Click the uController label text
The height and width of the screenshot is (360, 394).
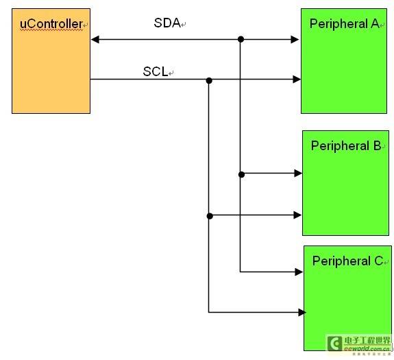[51, 24]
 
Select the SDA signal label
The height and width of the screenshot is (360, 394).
[167, 23]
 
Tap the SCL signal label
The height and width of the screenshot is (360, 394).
[156, 71]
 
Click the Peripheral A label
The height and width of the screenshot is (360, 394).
[344, 24]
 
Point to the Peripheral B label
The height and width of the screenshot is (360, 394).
[346, 146]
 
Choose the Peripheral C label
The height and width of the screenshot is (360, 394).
[347, 261]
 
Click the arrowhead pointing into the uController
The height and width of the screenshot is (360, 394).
[95, 40]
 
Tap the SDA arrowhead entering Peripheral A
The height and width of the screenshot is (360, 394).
[295, 40]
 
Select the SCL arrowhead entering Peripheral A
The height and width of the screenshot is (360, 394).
[297, 80]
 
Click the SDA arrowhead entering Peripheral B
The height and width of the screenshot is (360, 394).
[298, 173]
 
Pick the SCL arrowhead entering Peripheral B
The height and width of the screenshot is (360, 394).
[297, 215]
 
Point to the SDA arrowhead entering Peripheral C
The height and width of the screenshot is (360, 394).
[299, 272]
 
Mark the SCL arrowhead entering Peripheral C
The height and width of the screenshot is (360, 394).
[302, 313]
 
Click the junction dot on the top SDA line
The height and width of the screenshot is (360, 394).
[241, 39]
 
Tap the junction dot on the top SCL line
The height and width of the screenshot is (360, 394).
[209, 81]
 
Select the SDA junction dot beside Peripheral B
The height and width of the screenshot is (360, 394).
[241, 174]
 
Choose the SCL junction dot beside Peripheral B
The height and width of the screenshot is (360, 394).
[210, 216]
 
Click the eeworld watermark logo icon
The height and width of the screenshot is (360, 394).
[334, 343]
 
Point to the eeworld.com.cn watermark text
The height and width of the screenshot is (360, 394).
[367, 348]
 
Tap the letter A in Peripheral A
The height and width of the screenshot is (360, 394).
[375, 24]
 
